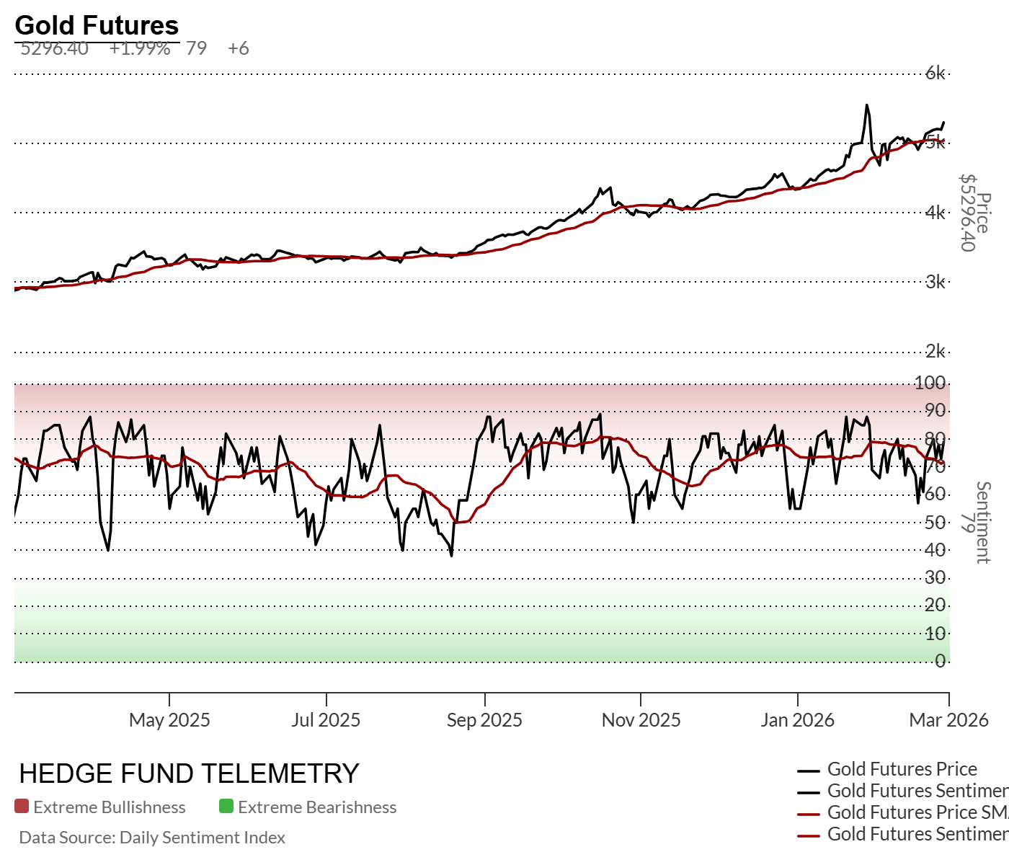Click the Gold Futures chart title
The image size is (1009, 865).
point(97,25)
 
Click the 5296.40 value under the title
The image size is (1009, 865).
point(55,49)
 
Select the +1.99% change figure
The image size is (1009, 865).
point(140,49)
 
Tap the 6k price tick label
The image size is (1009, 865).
point(935,73)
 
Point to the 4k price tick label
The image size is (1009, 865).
point(935,213)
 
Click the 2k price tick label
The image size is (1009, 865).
point(935,352)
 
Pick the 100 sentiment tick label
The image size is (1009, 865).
point(930,383)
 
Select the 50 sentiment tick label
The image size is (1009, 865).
point(935,522)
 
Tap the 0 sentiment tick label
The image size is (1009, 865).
point(940,661)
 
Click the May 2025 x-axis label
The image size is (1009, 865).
point(169,720)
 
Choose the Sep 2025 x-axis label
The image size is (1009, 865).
point(484,720)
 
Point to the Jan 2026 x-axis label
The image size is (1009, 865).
point(797,720)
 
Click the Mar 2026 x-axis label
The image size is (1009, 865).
point(948,720)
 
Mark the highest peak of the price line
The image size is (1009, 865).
point(866,105)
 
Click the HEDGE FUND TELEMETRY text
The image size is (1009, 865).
point(189,773)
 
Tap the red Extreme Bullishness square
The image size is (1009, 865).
point(22,807)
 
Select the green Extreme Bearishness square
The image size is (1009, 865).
point(226,807)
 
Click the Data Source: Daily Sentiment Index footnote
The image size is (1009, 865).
point(152,838)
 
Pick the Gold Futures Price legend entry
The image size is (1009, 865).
point(902,769)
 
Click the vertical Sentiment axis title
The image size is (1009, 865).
point(983,522)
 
